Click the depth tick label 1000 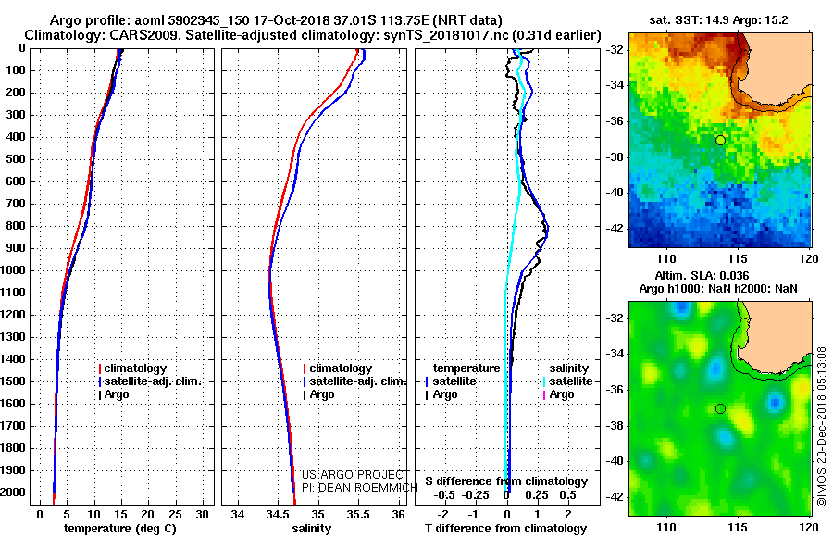coord(16,270)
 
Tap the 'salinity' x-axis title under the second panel coord(313,528)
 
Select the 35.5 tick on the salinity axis coord(357,513)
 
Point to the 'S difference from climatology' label coord(506,481)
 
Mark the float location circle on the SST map coord(720,140)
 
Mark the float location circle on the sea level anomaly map coord(720,408)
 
